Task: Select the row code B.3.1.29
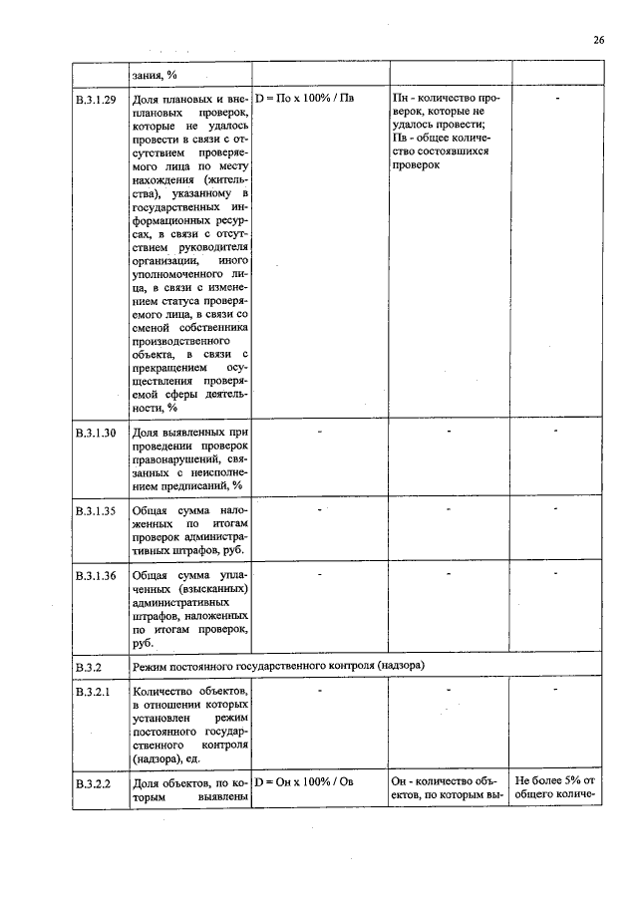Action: (97, 100)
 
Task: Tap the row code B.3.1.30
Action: (97, 433)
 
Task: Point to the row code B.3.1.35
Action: (97, 510)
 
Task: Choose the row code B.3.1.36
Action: (97, 576)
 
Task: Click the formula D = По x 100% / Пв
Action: (305, 100)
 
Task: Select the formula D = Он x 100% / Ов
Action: (305, 782)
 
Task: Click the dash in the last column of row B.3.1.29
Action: (557, 101)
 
